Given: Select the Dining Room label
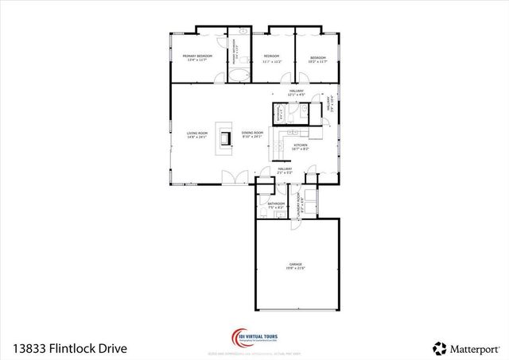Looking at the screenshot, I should coord(252,133).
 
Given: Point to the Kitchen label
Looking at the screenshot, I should coord(300,145).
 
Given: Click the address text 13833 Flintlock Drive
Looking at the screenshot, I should coord(69,348).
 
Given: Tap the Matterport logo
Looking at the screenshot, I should coord(465,347).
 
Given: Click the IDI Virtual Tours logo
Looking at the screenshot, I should coord(254,337).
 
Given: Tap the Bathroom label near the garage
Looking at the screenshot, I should coord(276,203).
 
